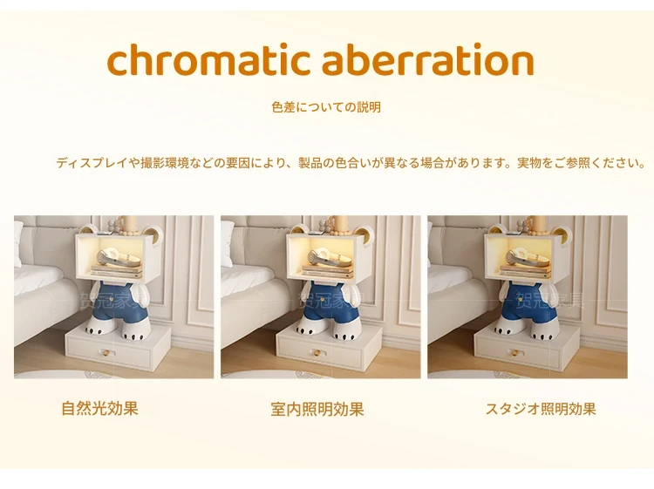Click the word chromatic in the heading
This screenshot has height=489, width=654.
click(208, 59)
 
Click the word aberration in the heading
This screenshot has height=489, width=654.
click(428, 59)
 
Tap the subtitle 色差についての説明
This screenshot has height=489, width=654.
click(326, 107)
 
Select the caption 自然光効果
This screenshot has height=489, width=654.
click(99, 408)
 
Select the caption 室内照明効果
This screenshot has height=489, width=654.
click(317, 409)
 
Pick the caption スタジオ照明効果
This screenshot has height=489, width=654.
click(541, 409)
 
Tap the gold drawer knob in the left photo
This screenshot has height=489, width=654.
click(106, 354)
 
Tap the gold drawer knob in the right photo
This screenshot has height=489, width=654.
click(515, 354)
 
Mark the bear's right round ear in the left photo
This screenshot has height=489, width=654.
click(153, 234)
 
